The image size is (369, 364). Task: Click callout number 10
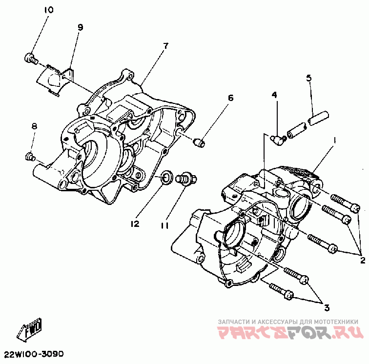(x=49, y=10)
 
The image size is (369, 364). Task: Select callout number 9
(x=81, y=27)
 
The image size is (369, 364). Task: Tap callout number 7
(x=166, y=46)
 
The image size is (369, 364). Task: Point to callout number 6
(x=230, y=98)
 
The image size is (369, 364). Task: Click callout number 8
(x=34, y=126)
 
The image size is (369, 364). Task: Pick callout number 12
(x=135, y=224)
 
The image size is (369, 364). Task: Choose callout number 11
(x=165, y=225)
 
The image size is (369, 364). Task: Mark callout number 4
(x=274, y=95)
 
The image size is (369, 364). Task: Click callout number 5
(x=309, y=78)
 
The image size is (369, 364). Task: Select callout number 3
(x=327, y=307)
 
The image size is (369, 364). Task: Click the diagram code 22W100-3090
(x=34, y=354)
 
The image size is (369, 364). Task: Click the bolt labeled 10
(x=31, y=58)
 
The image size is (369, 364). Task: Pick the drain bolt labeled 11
(x=186, y=179)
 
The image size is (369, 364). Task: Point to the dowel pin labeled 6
(x=199, y=142)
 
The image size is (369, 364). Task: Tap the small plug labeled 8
(x=30, y=157)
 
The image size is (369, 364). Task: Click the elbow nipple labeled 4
(x=278, y=140)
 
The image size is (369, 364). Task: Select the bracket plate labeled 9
(x=55, y=80)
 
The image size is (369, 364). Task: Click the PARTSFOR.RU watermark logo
(x=290, y=332)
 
